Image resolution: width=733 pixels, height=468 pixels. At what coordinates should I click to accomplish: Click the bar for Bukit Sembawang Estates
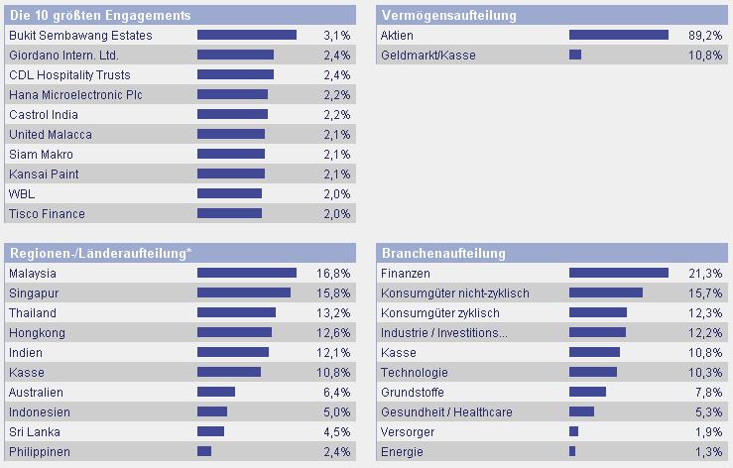[247, 35]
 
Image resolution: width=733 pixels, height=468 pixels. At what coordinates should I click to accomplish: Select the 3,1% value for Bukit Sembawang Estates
[337, 36]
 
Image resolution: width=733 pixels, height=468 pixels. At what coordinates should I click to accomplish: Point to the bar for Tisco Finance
[229, 213]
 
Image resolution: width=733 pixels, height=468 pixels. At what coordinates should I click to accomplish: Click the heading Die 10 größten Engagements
[99, 16]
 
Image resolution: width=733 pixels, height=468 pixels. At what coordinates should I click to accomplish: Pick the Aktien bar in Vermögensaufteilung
[618, 35]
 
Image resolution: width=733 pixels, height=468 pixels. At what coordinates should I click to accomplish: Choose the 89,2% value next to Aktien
[705, 36]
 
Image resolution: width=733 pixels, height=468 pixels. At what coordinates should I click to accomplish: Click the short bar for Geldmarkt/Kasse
[575, 55]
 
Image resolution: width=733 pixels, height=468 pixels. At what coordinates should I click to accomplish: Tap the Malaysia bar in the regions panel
[247, 273]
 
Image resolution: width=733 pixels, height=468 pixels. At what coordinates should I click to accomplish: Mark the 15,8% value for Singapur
[334, 293]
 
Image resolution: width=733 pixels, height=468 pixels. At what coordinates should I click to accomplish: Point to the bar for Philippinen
[204, 451]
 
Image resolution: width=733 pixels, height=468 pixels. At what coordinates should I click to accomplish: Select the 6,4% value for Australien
[337, 393]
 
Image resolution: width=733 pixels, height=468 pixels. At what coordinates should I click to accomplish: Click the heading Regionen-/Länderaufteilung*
[99, 253]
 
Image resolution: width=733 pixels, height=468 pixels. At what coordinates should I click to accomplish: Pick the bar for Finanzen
[618, 273]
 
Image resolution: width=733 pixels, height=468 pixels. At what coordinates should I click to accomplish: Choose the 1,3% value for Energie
[709, 452]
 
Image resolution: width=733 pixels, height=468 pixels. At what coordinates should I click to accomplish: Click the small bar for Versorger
[573, 431]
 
